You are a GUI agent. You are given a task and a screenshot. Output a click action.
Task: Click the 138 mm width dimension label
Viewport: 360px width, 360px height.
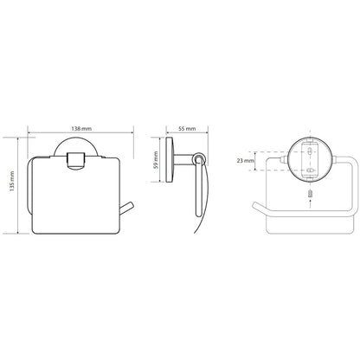(81, 128)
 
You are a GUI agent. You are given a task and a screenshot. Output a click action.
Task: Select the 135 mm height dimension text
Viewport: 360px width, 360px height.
(12, 182)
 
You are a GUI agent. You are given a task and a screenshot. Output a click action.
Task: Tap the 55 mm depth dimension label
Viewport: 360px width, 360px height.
(187, 128)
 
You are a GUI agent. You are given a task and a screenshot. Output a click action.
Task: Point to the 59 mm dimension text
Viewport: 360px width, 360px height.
(156, 160)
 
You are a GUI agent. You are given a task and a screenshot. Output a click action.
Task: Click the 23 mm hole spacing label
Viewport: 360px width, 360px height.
(246, 161)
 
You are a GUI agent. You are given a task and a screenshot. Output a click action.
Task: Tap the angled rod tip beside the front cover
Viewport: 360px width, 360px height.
(126, 209)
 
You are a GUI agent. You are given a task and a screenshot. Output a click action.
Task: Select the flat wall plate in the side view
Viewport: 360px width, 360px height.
(169, 159)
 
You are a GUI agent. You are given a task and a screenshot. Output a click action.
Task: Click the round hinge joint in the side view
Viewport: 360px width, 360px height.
(198, 158)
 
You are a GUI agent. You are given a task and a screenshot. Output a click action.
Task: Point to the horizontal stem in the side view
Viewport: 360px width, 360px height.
(183, 159)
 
